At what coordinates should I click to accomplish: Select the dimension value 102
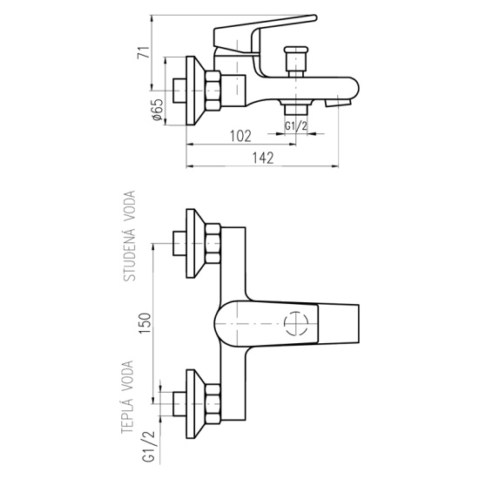pos(240,136)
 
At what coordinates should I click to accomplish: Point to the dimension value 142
pos(263,158)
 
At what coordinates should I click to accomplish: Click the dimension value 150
pos(145,323)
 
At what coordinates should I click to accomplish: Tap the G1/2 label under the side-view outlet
pos(296,125)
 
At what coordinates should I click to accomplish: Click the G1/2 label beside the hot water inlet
pos(149,448)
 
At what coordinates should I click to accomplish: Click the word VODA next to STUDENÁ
pos(129,204)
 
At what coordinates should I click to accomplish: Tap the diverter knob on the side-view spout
pos(296,62)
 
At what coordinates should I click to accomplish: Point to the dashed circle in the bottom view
pos(296,323)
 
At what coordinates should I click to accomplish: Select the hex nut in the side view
pos(213,91)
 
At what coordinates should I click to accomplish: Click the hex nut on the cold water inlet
pos(213,244)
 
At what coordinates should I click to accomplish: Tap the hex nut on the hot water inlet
pos(213,404)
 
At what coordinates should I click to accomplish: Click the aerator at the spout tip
pos(339,103)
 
